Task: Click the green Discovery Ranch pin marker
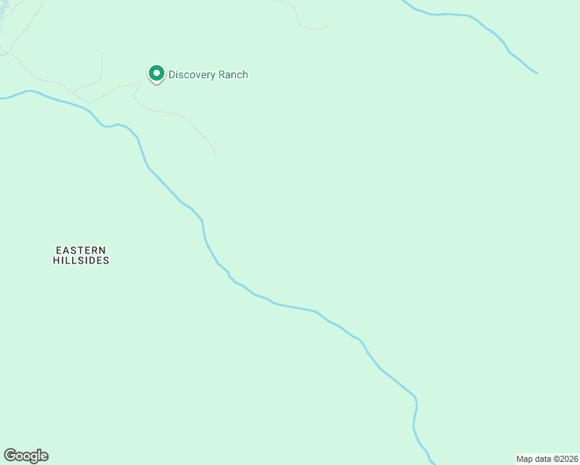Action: pyautogui.click(x=156, y=74)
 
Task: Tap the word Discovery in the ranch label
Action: pyautogui.click(x=193, y=75)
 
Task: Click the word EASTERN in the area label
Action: pyautogui.click(x=81, y=250)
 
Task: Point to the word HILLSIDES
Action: pyautogui.click(x=81, y=261)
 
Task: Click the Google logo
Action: pyautogui.click(x=26, y=456)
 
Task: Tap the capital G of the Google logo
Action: pyautogui.click(x=9, y=455)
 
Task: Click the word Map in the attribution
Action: pyautogui.click(x=524, y=459)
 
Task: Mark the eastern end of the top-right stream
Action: pyautogui.click(x=537, y=74)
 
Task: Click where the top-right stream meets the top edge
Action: pyautogui.click(x=403, y=1)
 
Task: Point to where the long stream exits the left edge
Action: pyautogui.click(x=2, y=98)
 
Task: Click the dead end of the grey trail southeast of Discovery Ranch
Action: pyautogui.click(x=216, y=156)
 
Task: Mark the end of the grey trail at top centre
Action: pyautogui.click(x=326, y=26)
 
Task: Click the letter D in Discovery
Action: pyautogui.click(x=172, y=75)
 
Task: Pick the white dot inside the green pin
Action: pyautogui.click(x=156, y=74)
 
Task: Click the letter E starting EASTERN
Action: pyautogui.click(x=58, y=250)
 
